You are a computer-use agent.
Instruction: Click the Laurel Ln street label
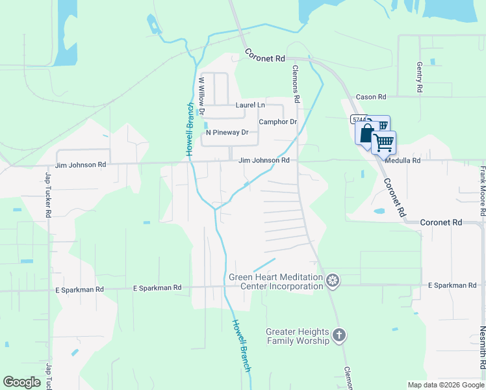[x=250, y=105]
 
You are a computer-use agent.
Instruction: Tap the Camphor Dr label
[x=277, y=122]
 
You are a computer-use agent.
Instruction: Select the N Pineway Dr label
[x=227, y=133]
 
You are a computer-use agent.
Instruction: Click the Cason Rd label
[x=370, y=97]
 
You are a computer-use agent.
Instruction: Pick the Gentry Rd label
[x=420, y=77]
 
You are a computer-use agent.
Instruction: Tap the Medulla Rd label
[x=402, y=160]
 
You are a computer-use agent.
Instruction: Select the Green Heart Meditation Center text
[x=275, y=281]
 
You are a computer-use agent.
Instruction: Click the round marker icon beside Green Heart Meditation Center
[x=333, y=281]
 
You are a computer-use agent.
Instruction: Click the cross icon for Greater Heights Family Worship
[x=338, y=335]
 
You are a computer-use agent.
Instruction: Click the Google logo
[x=22, y=382]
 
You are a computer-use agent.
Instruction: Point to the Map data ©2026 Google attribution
[x=446, y=385]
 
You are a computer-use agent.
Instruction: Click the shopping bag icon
[x=366, y=133]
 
